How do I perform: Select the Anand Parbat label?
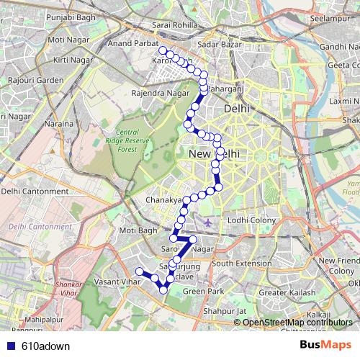[132, 44]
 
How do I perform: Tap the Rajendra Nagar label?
[159, 94]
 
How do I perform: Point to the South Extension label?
[241, 264]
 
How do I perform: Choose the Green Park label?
[199, 291]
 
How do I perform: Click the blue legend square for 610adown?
[9, 345]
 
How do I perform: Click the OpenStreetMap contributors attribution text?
[295, 323]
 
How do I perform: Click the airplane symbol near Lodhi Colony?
[208, 221]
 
